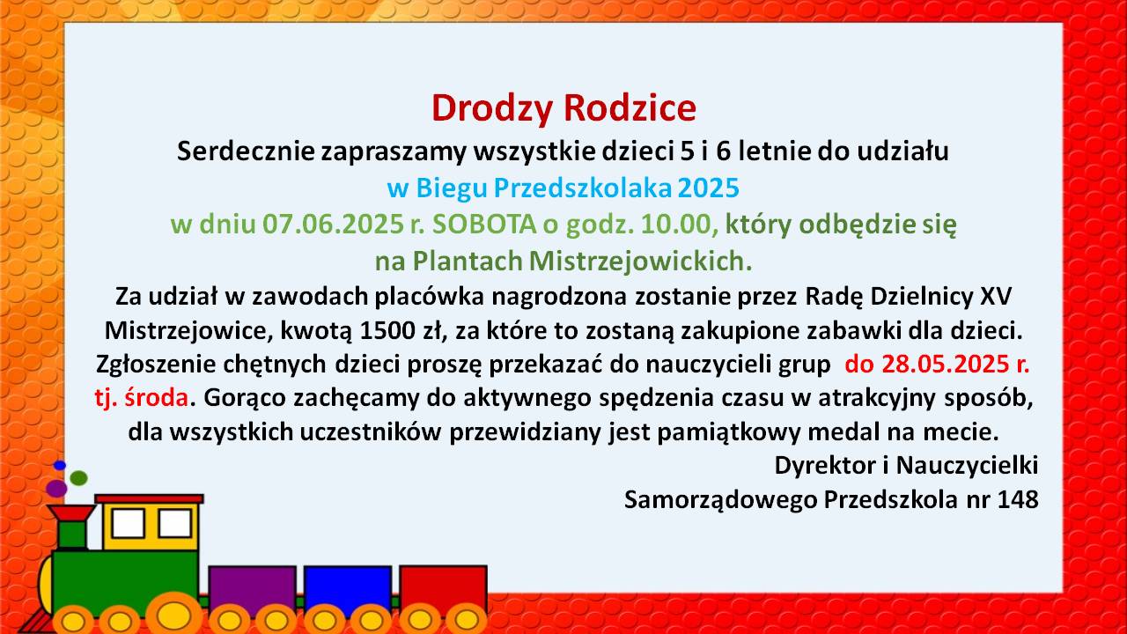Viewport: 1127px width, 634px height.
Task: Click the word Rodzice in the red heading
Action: [x=630, y=107]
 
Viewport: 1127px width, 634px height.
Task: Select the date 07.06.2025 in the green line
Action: [x=333, y=225]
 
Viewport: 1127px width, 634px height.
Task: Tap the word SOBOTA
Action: [x=484, y=225]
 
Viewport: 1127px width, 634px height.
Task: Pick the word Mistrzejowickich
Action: [x=640, y=262]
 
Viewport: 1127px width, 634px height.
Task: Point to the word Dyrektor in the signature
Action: [x=825, y=466]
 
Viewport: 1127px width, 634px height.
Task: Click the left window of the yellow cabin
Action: [x=129, y=523]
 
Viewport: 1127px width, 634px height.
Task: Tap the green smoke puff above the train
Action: [x=79, y=478]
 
